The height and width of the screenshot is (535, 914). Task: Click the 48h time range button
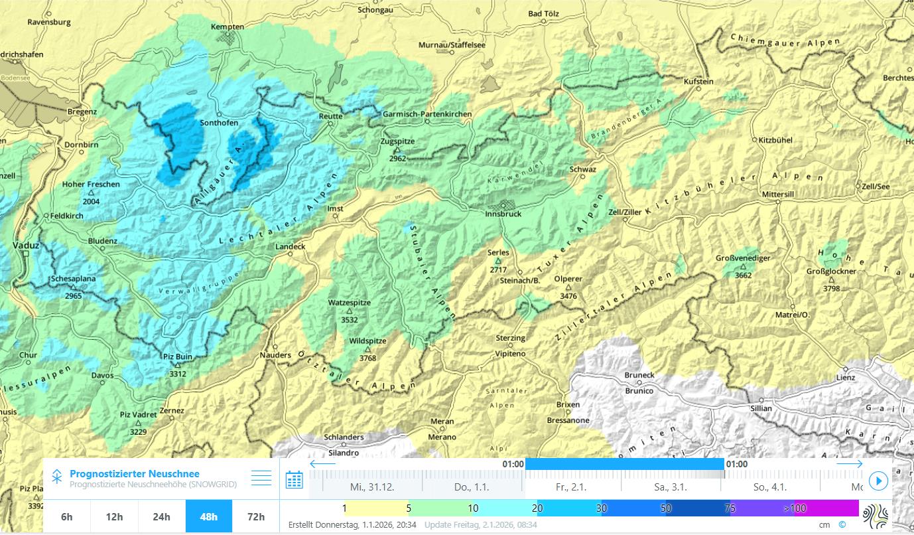click(x=208, y=517)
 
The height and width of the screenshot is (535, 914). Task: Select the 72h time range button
click(x=255, y=517)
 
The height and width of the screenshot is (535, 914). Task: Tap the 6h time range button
click(x=66, y=517)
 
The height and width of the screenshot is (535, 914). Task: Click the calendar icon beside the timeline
click(x=294, y=479)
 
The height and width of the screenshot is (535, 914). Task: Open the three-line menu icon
click(x=261, y=478)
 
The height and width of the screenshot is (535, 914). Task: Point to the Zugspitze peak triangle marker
click(x=397, y=150)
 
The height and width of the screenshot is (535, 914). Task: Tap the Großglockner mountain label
click(x=831, y=271)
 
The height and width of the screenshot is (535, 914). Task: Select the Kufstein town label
click(x=698, y=81)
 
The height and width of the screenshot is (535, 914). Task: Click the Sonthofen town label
click(x=219, y=123)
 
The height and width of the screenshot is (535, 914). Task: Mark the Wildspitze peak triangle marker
click(x=367, y=349)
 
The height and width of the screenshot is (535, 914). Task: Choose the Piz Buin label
click(x=177, y=356)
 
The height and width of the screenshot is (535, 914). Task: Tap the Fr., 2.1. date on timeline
click(x=571, y=487)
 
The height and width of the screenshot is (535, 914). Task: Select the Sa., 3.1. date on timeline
click(x=671, y=487)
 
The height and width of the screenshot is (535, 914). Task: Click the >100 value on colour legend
click(x=794, y=508)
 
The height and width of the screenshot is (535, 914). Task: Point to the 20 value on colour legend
click(x=537, y=508)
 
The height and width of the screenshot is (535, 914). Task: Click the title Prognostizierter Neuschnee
click(x=134, y=473)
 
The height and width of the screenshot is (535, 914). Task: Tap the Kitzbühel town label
click(x=775, y=140)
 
